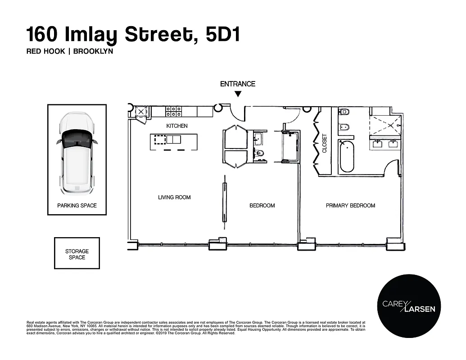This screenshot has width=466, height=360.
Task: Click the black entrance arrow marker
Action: pos(238,94)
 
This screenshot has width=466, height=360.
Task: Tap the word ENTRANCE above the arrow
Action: pos(237,84)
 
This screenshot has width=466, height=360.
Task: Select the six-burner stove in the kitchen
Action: pos(174,111)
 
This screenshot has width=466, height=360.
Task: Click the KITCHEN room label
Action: pos(177,126)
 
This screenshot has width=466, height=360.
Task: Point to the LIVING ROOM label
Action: pos(174,197)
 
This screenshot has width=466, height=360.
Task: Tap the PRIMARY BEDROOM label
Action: pos(350,206)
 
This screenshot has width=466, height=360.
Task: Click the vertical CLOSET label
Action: pos(324,144)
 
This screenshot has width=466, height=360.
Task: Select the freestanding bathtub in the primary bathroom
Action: pos(347,156)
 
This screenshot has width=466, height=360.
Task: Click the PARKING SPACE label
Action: pos(77,206)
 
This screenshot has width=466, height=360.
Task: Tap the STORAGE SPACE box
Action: pos(77,254)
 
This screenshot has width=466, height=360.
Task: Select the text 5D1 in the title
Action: pos(222,35)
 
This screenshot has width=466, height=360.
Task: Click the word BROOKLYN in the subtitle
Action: pos(93,51)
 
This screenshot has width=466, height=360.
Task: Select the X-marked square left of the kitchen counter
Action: pos(141,112)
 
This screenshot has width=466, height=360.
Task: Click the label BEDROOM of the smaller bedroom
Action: pos(262,206)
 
